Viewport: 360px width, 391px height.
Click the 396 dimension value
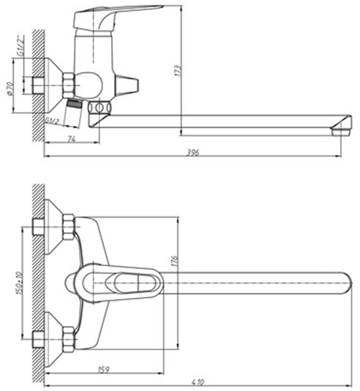(193, 152)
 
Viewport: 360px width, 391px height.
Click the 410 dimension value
(198, 382)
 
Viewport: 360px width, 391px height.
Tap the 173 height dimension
(178, 70)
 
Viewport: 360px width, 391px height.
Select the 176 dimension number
(175, 261)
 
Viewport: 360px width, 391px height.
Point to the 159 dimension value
(103, 369)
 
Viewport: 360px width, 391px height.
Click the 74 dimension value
(71, 139)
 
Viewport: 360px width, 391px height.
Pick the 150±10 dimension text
(19, 283)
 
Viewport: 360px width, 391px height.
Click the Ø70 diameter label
(9, 88)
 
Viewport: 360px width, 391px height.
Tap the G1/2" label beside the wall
(20, 45)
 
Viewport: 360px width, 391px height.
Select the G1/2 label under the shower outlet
(52, 120)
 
